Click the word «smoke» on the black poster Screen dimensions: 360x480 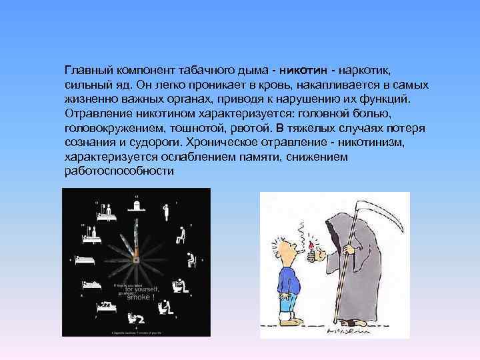click(x=140, y=297)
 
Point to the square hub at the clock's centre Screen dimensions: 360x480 click(x=136, y=261)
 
